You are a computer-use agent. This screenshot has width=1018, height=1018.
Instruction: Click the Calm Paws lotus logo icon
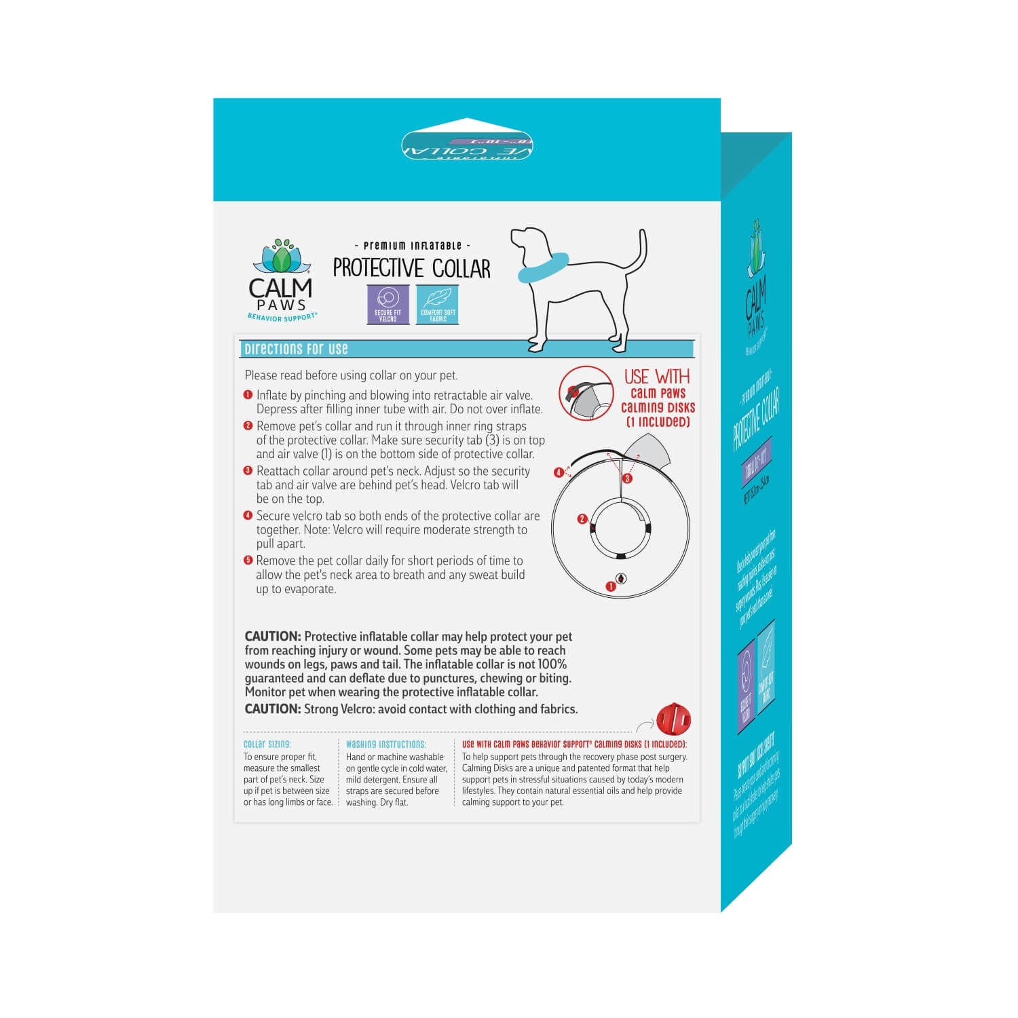(282, 257)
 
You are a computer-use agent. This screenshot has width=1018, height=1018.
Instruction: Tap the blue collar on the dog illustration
(543, 267)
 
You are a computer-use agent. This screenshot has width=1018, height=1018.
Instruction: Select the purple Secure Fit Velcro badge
(388, 304)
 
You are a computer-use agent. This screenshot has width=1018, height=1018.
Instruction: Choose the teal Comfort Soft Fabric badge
(438, 304)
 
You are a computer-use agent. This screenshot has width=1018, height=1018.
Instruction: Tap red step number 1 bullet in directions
(248, 394)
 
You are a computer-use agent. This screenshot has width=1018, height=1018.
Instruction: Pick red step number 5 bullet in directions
(248, 560)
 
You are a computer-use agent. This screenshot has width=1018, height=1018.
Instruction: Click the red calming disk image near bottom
(673, 719)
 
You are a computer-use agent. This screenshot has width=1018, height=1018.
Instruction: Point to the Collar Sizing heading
(267, 744)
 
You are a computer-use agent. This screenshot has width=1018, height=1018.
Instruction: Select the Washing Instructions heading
(385, 744)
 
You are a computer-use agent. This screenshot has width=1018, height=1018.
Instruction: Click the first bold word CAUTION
(272, 637)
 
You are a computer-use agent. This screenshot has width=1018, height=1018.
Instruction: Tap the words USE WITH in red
(656, 377)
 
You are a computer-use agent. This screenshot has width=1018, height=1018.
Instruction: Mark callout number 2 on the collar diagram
(582, 519)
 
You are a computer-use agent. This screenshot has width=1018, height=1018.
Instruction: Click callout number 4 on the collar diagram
(559, 472)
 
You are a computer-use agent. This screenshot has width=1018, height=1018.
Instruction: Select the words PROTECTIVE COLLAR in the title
(411, 268)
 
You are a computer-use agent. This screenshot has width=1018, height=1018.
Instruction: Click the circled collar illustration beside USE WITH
(586, 393)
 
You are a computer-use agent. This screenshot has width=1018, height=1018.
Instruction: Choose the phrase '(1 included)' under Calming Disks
(658, 421)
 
